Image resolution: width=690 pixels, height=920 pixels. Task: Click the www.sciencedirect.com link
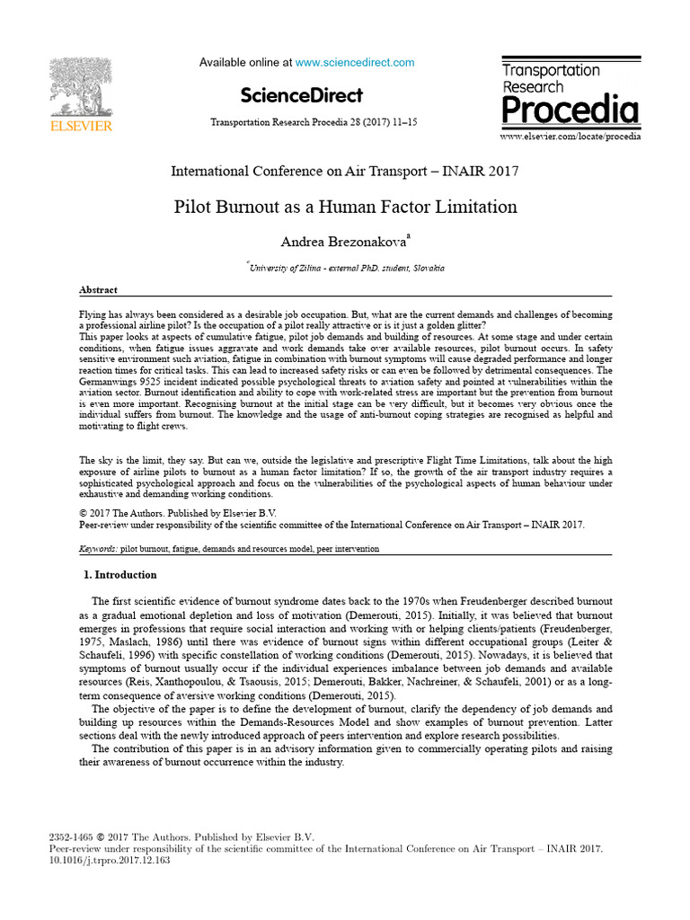click(355, 63)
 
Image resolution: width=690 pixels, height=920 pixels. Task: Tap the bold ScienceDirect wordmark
click(301, 95)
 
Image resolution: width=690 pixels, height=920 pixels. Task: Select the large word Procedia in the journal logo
click(570, 111)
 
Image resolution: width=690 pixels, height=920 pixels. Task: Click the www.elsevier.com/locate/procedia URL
click(570, 137)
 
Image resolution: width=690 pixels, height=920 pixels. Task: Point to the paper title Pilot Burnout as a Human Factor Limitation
click(345, 207)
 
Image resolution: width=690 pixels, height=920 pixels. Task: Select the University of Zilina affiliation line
click(345, 268)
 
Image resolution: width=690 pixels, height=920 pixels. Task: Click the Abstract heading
click(99, 290)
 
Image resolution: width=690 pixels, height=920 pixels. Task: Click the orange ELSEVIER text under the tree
click(81, 127)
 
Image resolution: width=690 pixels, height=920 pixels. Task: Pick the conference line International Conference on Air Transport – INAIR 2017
click(345, 171)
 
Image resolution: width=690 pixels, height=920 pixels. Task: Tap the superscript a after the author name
click(408, 235)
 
